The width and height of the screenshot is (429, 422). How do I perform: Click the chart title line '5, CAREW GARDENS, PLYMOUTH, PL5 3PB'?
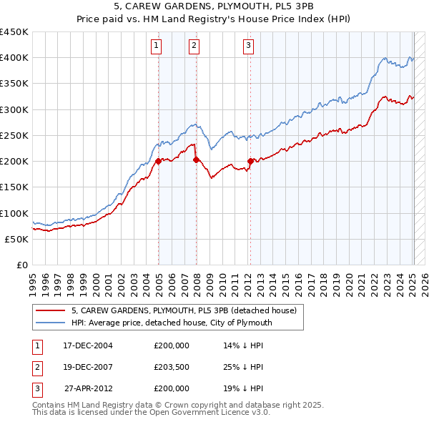[214, 6]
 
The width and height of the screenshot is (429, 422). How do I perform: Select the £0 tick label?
[22, 265]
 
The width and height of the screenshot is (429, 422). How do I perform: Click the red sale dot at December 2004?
[159, 162]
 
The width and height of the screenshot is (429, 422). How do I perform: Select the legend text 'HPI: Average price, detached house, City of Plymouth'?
[172, 323]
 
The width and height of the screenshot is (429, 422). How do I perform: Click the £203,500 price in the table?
[172, 367]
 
